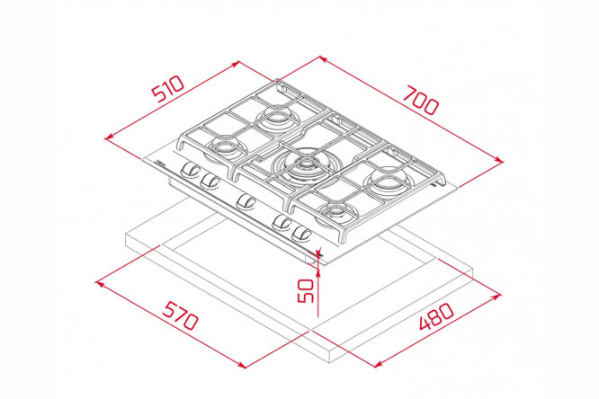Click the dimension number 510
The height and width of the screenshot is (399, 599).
point(168,89)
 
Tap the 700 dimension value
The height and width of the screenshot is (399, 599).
point(421,101)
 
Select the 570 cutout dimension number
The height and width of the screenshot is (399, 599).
point(180,315)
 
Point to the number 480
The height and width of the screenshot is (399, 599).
point(437,315)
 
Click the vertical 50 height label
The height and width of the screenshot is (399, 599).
point(305,290)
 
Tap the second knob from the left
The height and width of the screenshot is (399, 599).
point(210,181)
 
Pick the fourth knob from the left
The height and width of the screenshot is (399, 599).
point(282,222)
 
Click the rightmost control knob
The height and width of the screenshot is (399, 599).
point(302,234)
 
